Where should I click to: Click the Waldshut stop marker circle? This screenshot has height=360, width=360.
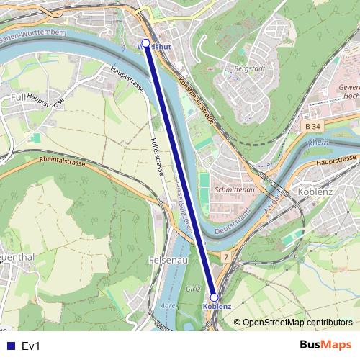point(146,43)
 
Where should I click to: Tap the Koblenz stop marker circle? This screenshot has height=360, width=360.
point(214,297)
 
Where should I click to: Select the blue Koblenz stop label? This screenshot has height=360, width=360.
point(217,307)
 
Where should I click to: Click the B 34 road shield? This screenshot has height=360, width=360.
point(311,126)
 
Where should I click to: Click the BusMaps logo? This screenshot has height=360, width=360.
point(325,345)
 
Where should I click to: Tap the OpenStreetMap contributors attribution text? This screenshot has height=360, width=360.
point(297,323)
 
